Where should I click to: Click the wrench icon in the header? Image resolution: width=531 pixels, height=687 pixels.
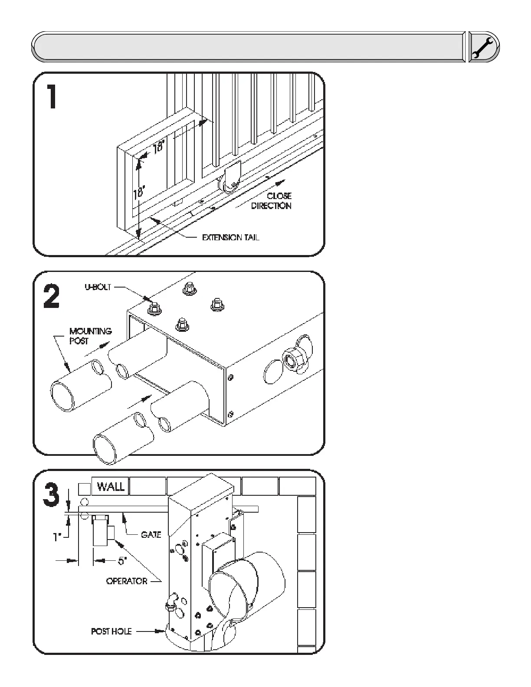tap(484, 46)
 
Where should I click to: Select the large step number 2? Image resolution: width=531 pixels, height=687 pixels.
tap(52, 297)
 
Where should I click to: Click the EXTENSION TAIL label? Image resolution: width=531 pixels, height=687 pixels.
tap(230, 238)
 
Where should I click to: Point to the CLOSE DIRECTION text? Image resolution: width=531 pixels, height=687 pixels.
tap(272, 201)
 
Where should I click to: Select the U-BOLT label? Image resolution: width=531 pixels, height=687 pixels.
tap(98, 287)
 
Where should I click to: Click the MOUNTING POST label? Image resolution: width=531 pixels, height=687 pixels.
tap(91, 336)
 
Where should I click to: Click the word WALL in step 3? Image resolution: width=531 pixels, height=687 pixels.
tap(111, 486)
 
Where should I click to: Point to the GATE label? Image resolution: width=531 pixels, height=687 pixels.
tap(151, 535)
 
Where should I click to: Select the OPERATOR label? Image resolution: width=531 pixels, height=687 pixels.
tap(127, 581)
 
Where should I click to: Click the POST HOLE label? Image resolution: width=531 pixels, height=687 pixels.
tap(111, 631)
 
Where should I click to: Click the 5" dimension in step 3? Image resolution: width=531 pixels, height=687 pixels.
tap(122, 561)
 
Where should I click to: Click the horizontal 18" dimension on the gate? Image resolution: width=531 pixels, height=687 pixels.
tap(159, 147)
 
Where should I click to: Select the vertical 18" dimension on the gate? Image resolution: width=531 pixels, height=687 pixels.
tap(139, 191)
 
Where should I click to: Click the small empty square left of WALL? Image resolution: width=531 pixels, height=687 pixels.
tap(84, 489)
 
